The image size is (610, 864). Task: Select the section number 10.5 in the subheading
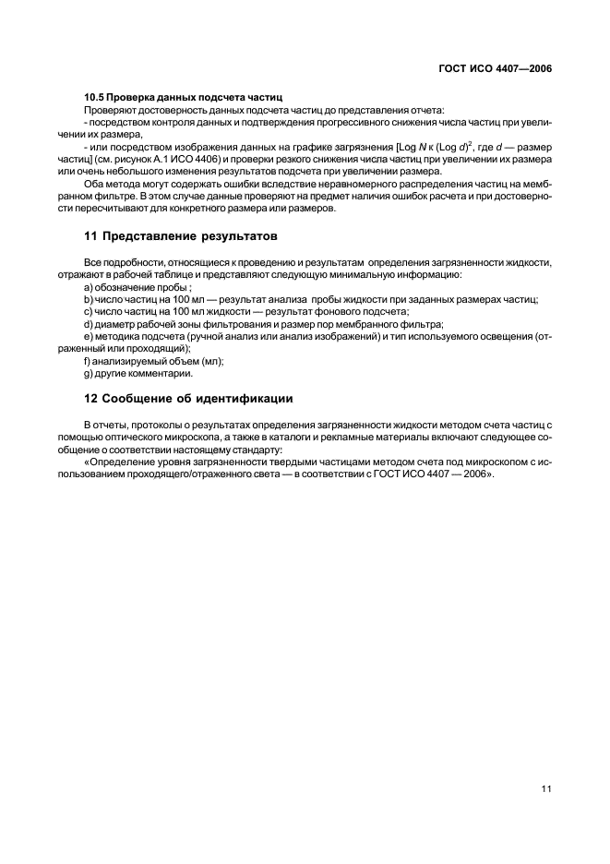95,97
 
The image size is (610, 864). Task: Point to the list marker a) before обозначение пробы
88,287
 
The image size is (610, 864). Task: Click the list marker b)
88,299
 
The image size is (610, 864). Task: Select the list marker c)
88,311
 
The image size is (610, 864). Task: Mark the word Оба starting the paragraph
94,185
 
